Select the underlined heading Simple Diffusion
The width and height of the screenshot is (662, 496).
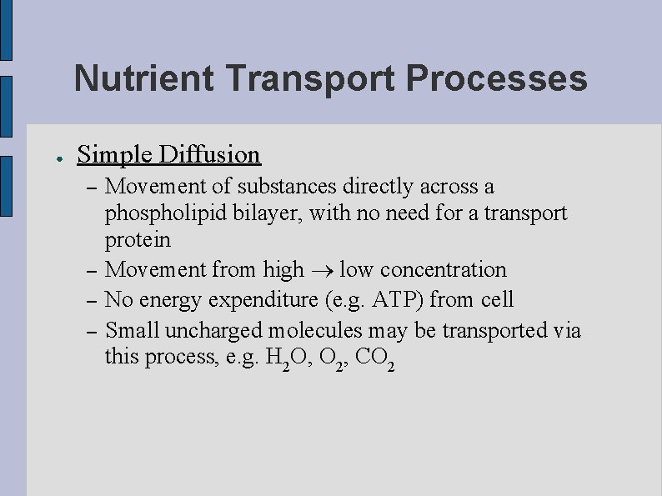coord(168,155)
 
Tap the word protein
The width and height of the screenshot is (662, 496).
coord(138,241)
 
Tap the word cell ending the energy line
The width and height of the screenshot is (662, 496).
coord(497,299)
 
